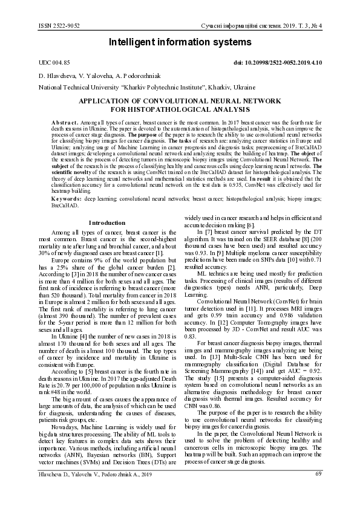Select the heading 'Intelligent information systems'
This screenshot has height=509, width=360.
(x=180, y=42)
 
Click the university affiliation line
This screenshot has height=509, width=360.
(x=138, y=88)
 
